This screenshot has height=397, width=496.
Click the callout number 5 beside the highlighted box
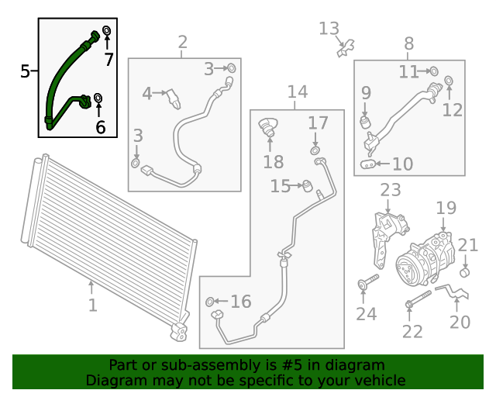pos(25,71)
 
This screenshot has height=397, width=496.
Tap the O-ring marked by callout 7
pos(107,31)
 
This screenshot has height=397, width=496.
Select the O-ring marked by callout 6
pos(98,98)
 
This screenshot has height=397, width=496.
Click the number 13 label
pos(329,29)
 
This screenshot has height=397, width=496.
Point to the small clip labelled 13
pos(346,48)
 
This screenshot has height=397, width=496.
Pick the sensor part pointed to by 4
pos(174,98)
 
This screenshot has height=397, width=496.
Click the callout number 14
pos(298,91)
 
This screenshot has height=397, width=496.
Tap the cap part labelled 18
pos(268,126)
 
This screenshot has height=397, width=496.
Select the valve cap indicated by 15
pos(307,186)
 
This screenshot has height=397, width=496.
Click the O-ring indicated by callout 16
pos(209,302)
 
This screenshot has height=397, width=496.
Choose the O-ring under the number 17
pos(315,150)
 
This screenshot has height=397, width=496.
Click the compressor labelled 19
pos(425,261)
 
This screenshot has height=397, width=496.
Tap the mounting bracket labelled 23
pos(388,240)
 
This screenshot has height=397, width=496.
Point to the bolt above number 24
pos(368,281)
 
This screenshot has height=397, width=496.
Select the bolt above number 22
pos(418,299)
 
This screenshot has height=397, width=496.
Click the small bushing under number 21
pos(464,272)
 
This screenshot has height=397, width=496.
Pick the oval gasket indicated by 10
pos(368,164)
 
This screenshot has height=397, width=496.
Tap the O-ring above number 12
pos(448,81)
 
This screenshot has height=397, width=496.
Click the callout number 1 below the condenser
pos(92,305)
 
